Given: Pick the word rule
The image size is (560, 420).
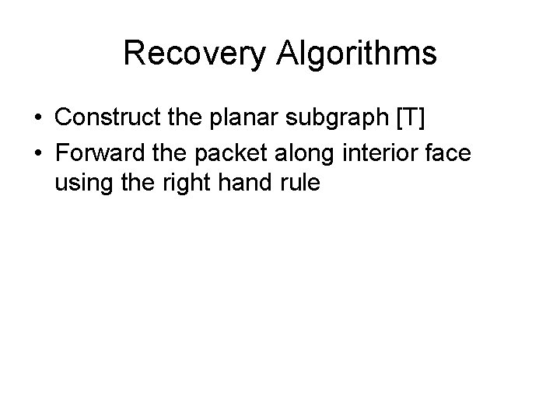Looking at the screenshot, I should [x=296, y=186].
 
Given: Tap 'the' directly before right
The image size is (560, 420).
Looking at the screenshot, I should [x=133, y=186].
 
